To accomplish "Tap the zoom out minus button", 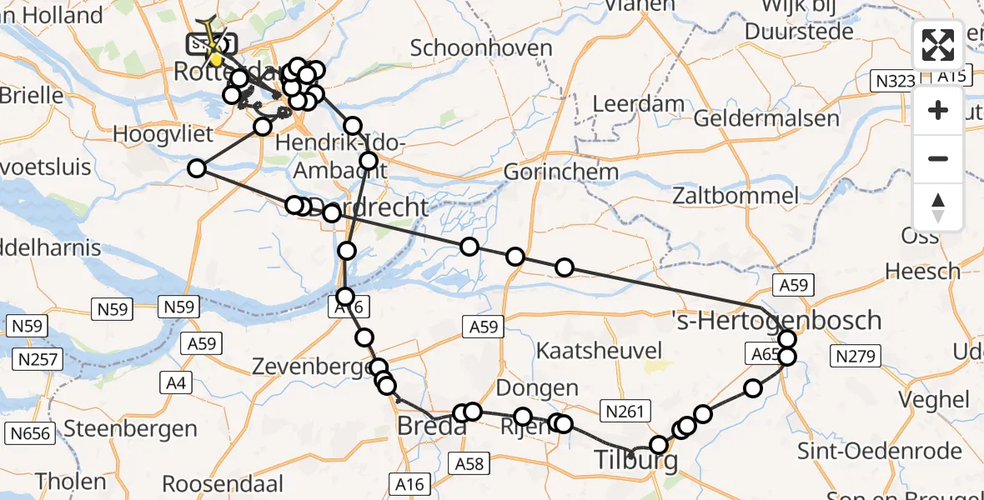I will click(x=938, y=158).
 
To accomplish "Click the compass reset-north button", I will click(x=938, y=207).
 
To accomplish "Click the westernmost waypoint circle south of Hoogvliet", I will click(x=197, y=168).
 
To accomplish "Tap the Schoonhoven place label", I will click(x=481, y=47).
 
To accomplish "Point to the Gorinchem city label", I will click(x=561, y=172).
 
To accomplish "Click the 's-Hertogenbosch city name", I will click(x=776, y=320).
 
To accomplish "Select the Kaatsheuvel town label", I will click(x=600, y=350).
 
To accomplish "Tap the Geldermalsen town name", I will click(x=766, y=118).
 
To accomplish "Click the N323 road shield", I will click(x=894, y=81).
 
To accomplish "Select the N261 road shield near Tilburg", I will click(x=625, y=410).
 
